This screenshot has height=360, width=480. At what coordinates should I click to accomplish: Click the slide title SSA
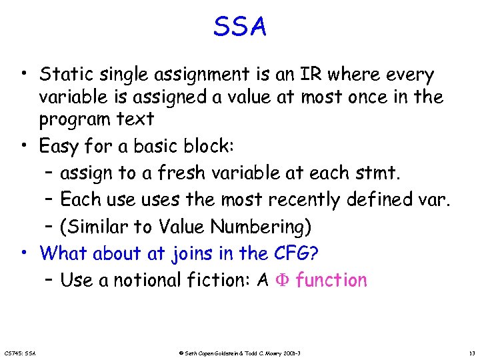tap(240, 27)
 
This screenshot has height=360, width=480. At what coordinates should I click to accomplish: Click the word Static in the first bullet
tap(65, 74)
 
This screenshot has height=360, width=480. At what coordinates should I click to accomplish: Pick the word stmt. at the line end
tap(377, 173)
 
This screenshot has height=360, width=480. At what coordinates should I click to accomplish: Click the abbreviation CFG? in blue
tap(295, 253)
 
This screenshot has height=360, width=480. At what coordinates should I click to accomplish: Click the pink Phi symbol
tap(281, 281)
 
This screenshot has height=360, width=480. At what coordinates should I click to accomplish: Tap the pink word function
tap(331, 281)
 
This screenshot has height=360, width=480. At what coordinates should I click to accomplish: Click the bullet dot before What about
tap(23, 252)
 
